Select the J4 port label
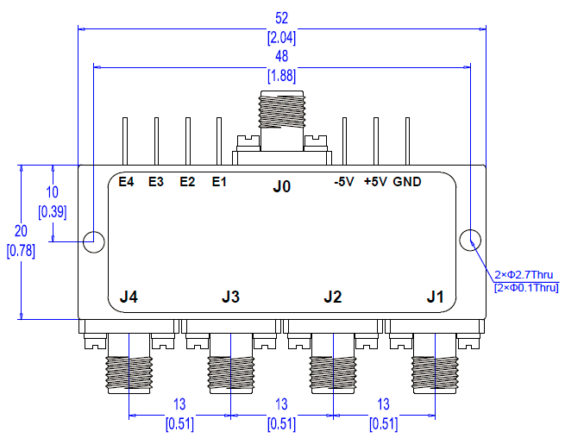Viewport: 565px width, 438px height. [x=129, y=297]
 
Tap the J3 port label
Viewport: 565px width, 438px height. [x=230, y=297]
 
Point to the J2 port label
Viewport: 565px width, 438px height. [x=333, y=297]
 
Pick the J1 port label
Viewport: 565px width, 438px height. [x=436, y=297]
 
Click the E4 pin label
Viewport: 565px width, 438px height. [x=126, y=182]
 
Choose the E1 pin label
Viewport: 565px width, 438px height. [x=218, y=182]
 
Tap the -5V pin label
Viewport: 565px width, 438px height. [x=343, y=182]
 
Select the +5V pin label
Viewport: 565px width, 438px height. [x=375, y=182]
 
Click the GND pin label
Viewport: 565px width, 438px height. [x=407, y=182]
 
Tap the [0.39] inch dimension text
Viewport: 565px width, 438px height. [x=53, y=210]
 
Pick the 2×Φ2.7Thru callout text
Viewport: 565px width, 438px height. [x=525, y=275]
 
